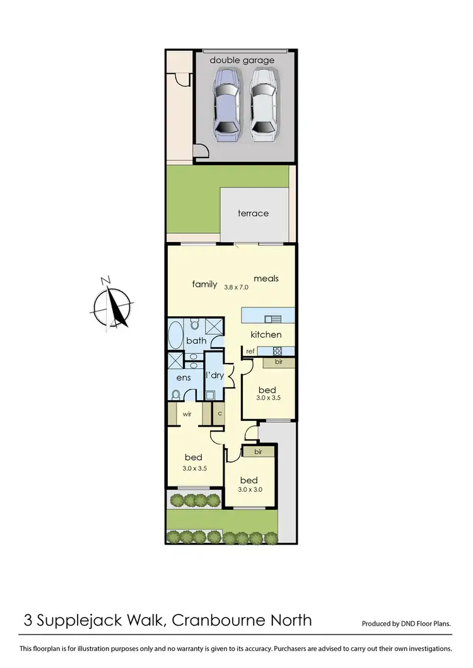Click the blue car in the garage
point(226,105)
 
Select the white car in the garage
point(262,105)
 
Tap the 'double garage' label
point(242,60)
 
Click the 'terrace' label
point(253,213)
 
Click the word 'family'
point(204,284)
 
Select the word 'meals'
point(266,278)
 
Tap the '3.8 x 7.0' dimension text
point(237,287)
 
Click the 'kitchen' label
point(266,335)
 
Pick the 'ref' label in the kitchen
point(250,351)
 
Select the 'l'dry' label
point(214,376)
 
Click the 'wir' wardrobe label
point(187,415)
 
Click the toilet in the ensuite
point(177,395)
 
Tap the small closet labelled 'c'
point(219,413)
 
